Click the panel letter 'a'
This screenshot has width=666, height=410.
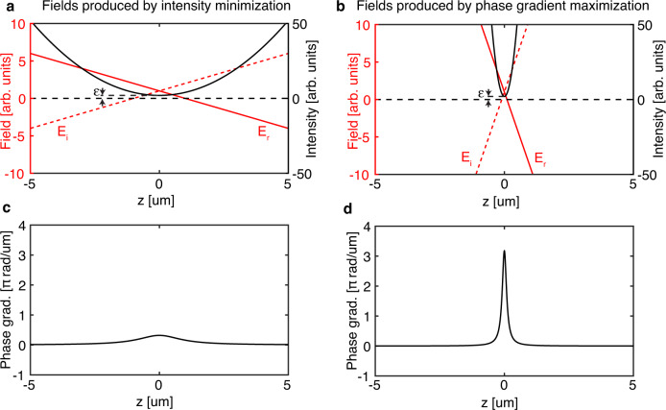6,6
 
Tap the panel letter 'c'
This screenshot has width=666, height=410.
6,210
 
